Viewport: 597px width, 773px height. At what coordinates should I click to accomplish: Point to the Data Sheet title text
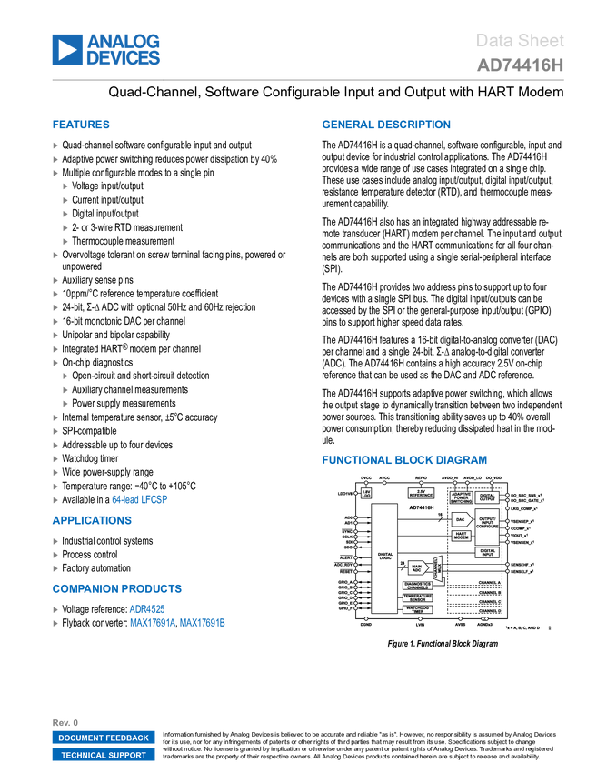point(520,41)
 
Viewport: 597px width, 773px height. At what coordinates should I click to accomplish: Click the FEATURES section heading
point(81,125)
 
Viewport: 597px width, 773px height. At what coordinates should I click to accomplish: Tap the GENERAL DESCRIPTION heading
point(385,125)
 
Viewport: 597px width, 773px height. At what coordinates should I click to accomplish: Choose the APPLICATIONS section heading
point(92,520)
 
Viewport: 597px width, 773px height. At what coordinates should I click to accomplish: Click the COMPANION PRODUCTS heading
point(117,588)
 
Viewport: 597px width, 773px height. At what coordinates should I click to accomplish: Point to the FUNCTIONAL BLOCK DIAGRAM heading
point(403,460)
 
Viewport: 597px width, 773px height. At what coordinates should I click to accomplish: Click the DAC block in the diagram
point(460,519)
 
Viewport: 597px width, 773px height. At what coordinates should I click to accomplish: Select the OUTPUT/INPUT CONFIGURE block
point(487,526)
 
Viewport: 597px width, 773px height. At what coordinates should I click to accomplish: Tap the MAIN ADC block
point(417,568)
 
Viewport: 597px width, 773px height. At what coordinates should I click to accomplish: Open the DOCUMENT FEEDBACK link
point(104,738)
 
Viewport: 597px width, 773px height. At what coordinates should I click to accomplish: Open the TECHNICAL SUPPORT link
point(104,756)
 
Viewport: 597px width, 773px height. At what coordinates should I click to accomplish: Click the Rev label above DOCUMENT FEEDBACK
point(60,721)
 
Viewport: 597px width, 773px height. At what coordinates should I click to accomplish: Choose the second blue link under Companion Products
point(177,623)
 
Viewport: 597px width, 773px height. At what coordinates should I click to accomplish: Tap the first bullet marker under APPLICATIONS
point(55,541)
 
